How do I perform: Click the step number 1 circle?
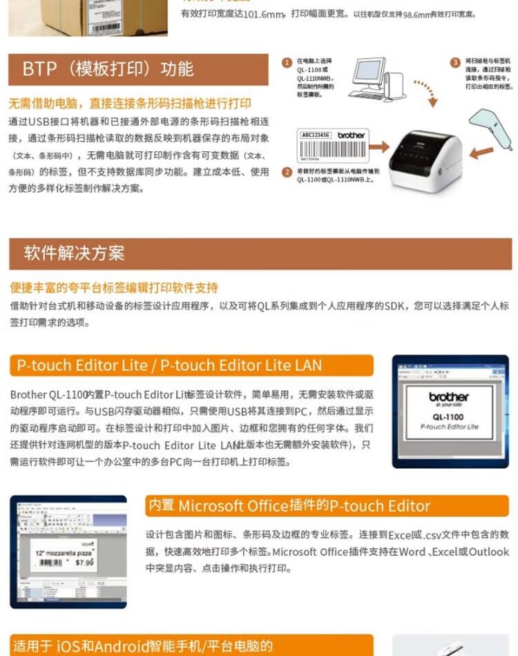click(x=287, y=63)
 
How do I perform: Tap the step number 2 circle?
click(x=287, y=172)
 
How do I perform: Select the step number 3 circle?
click(x=455, y=63)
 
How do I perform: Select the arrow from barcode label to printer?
click(x=378, y=146)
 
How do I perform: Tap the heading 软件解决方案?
click(x=74, y=253)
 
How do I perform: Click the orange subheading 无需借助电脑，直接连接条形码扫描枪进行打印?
click(x=130, y=104)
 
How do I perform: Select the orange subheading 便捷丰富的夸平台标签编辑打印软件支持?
click(x=114, y=287)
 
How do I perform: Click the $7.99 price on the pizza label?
click(x=84, y=562)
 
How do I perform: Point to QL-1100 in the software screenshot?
click(x=449, y=417)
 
